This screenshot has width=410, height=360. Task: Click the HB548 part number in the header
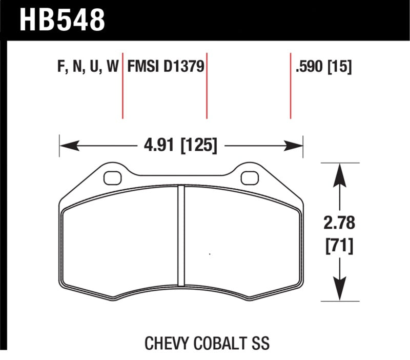pyautogui.click(x=62, y=19)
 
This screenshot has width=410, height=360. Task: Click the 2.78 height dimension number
pyautogui.click(x=339, y=224)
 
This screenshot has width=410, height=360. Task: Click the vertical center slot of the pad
pyautogui.click(x=180, y=236)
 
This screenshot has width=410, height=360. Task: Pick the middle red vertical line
pyautogui.click(x=207, y=85)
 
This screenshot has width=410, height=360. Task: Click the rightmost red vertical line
pyautogui.click(x=291, y=85)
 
